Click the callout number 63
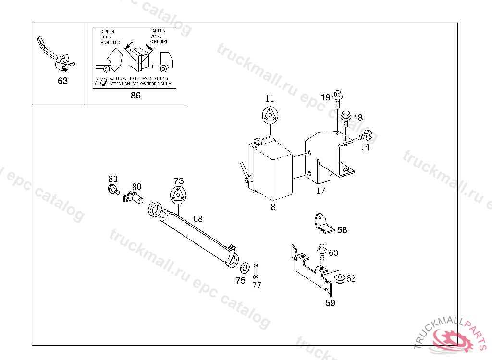[x=63, y=81]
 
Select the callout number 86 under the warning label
[x=135, y=95]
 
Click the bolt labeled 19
[x=337, y=99]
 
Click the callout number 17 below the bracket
[x=320, y=191]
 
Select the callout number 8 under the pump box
[x=273, y=207]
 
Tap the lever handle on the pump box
[x=245, y=172]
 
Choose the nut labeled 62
[x=339, y=279]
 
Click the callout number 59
[x=330, y=303]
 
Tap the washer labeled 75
[x=244, y=266]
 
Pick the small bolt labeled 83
[x=113, y=189]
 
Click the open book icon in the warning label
[x=101, y=81]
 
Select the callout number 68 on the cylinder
[x=198, y=219]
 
